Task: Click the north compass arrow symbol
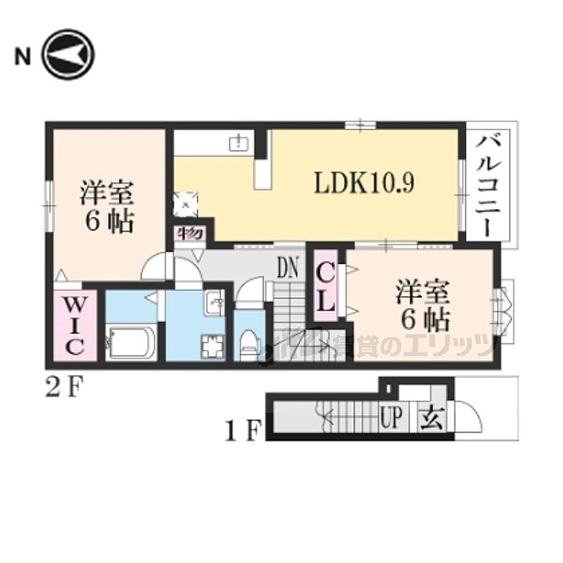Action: [69, 57]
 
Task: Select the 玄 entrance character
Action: [427, 418]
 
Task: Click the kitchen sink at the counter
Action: [239, 143]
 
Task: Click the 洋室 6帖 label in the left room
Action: [106, 207]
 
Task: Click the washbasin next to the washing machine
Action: [216, 303]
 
